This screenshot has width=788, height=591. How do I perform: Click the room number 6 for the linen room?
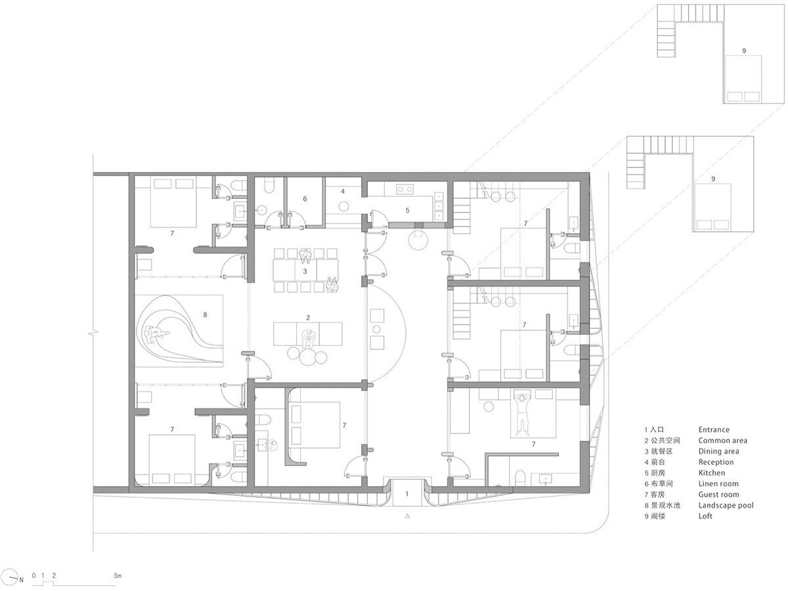(305, 199)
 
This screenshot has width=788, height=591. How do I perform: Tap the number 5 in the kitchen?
(408, 210)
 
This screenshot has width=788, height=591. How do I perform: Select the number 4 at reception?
(343, 191)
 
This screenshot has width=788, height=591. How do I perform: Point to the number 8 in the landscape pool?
(205, 315)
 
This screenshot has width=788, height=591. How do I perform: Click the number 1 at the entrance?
(406, 494)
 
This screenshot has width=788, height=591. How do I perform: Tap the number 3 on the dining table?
(305, 271)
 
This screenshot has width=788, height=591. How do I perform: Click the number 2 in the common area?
(308, 318)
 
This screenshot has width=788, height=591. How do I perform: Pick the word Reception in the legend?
(716, 462)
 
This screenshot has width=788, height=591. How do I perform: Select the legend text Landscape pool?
(726, 505)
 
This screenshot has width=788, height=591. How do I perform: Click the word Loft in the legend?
(705, 516)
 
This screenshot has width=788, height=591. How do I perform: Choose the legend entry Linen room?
(718, 484)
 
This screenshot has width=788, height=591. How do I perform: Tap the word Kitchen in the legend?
(712, 473)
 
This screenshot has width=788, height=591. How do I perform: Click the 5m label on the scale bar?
(118, 576)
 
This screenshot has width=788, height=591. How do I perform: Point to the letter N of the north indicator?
(22, 580)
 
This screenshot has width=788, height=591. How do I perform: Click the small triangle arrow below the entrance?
(407, 516)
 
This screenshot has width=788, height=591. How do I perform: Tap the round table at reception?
(344, 207)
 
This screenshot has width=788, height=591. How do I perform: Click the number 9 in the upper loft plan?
(744, 51)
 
